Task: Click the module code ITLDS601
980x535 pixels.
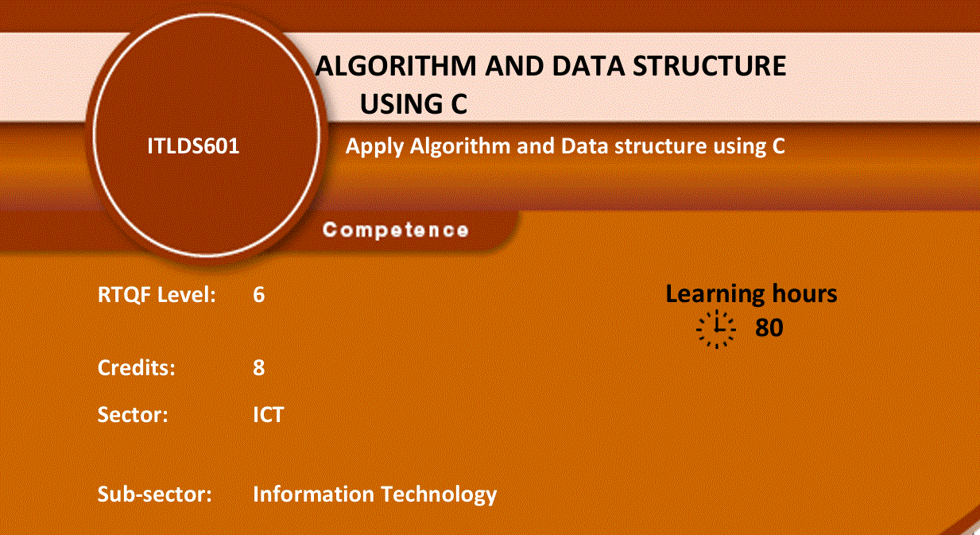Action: (x=193, y=145)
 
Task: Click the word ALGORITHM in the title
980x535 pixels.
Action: (x=396, y=66)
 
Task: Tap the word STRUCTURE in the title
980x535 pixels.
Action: (x=709, y=66)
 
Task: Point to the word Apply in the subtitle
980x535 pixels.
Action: (x=374, y=147)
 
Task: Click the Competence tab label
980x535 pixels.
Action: (x=396, y=230)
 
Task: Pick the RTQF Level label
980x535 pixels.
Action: (x=157, y=295)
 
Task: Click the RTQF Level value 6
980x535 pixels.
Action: (x=258, y=294)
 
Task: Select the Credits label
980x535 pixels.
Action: (x=137, y=367)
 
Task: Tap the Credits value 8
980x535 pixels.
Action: (x=258, y=367)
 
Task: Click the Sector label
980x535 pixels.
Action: (x=133, y=414)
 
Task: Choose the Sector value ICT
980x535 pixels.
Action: (x=268, y=414)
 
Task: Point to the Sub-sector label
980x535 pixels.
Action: (x=154, y=494)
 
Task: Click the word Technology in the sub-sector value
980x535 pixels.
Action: (x=439, y=495)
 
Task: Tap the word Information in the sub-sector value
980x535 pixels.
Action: (x=314, y=494)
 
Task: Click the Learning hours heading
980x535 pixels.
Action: (x=751, y=293)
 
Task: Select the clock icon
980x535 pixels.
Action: (x=716, y=329)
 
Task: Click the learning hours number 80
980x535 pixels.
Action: (x=769, y=328)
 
